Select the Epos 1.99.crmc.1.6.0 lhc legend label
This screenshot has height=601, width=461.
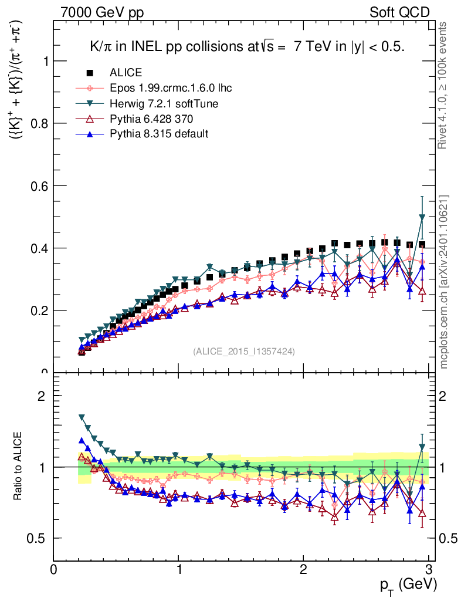point(171,88)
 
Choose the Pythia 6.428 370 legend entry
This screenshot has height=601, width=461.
point(151,119)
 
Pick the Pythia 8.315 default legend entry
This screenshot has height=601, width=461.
point(159,134)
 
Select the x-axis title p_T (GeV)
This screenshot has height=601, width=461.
point(408,585)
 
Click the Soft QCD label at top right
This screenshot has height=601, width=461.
point(399,12)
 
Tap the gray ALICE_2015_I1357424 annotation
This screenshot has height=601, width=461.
point(244,351)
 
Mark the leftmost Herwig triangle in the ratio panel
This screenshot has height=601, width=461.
point(82,418)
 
